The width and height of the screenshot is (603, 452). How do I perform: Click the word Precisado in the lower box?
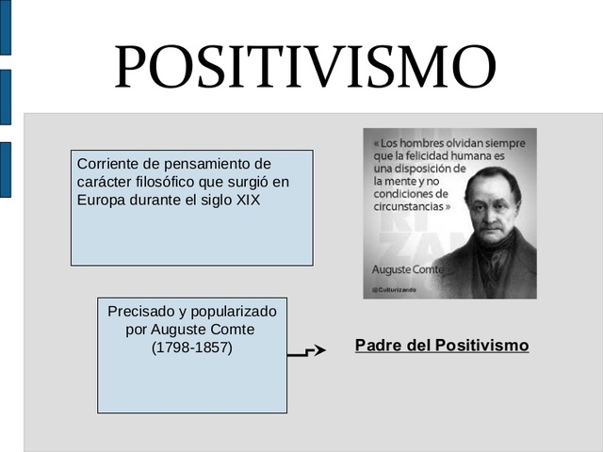point(139,311)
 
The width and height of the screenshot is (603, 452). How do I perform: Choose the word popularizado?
point(229,311)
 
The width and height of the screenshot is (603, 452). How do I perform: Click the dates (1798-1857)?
point(191,347)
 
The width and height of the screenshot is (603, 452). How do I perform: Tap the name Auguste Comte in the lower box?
point(203,330)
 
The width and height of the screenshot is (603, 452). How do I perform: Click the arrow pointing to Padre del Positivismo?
point(307,351)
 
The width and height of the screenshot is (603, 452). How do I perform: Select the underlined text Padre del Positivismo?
point(442,346)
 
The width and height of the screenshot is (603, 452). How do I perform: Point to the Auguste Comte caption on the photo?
point(407,270)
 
